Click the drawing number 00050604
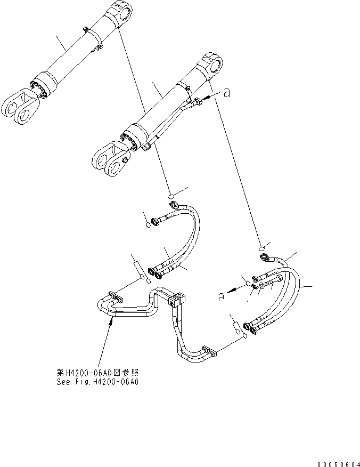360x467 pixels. pos(339,464)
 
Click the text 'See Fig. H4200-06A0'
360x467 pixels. pos(97,382)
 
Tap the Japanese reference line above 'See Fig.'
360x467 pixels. pos(97,373)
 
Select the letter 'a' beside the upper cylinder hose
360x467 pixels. pos(227,93)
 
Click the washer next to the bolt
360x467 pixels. pos(261,286)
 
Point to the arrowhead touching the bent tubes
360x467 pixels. pos(112,320)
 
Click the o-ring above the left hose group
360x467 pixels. pos(171,196)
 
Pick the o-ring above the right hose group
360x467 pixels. pos(261,248)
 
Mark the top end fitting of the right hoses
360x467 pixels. pos(264,257)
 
